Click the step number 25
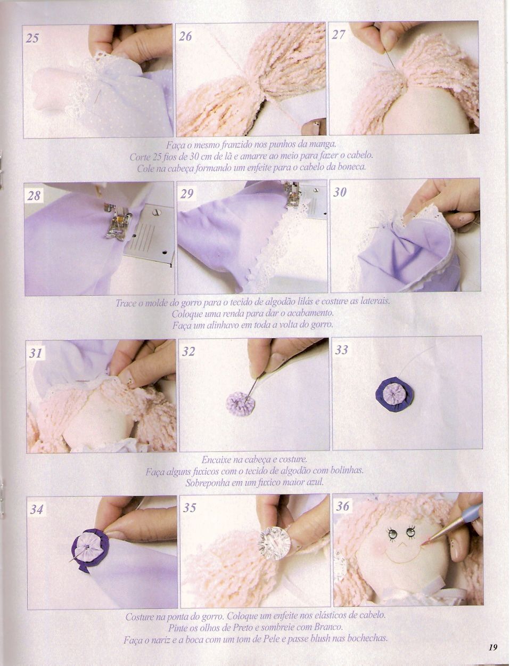click(32, 38)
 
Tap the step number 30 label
click(340, 192)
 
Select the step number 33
click(342, 350)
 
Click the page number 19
click(492, 647)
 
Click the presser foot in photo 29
click(293, 195)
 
